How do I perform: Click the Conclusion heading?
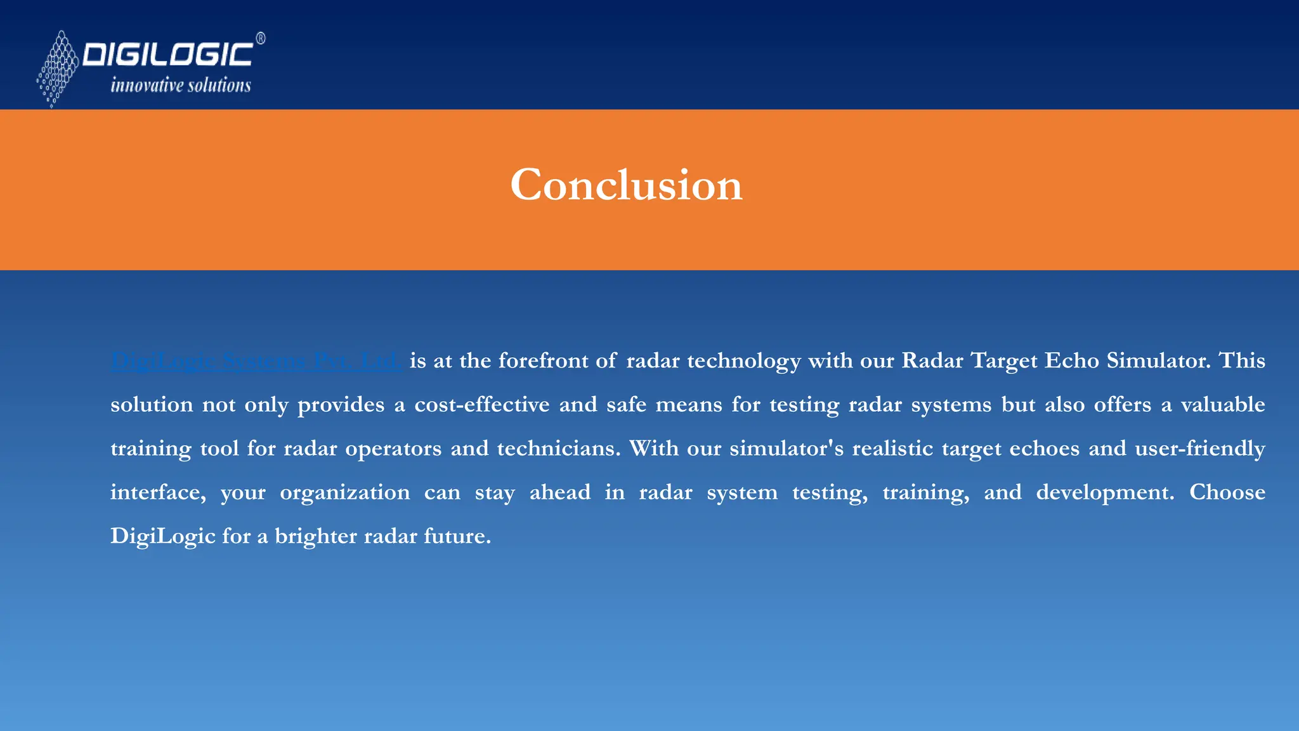click(626, 185)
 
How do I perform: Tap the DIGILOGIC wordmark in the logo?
click(168, 55)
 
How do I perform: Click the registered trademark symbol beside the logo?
click(261, 39)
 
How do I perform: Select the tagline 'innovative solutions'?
click(181, 85)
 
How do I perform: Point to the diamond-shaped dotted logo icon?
click(58, 69)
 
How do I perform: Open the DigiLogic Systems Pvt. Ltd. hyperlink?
click(256, 360)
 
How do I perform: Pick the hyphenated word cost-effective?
click(482, 404)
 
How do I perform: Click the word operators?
click(393, 449)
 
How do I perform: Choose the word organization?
click(345, 492)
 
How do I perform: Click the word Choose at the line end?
click(1227, 492)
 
